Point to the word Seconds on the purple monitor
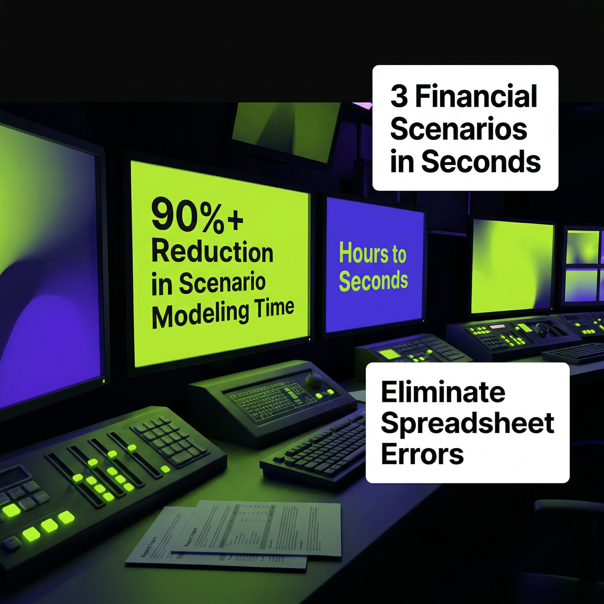click(373, 280)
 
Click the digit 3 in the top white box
click(399, 97)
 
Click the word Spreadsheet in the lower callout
click(467, 423)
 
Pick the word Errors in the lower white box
click(422, 454)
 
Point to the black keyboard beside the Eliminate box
click(316, 450)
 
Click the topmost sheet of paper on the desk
click(256, 528)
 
